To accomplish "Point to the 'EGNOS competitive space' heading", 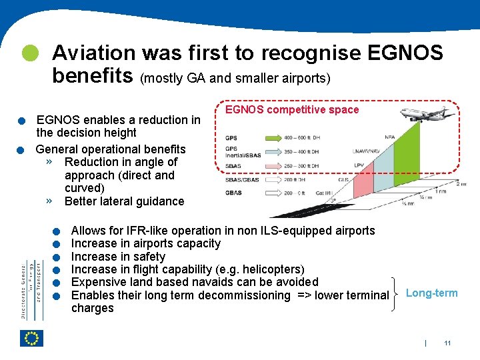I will pyautogui.click(x=292, y=110).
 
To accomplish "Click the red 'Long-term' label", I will pyautogui.click(x=431, y=293).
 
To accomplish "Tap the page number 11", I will pyautogui.click(x=447, y=343).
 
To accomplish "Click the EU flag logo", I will pyautogui.click(x=32, y=338).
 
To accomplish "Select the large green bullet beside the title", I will pyautogui.click(x=30, y=53).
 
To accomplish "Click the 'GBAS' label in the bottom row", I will pyautogui.click(x=233, y=193).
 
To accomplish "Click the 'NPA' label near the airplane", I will pyautogui.click(x=391, y=138).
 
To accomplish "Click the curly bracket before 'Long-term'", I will pyautogui.click(x=396, y=289).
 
